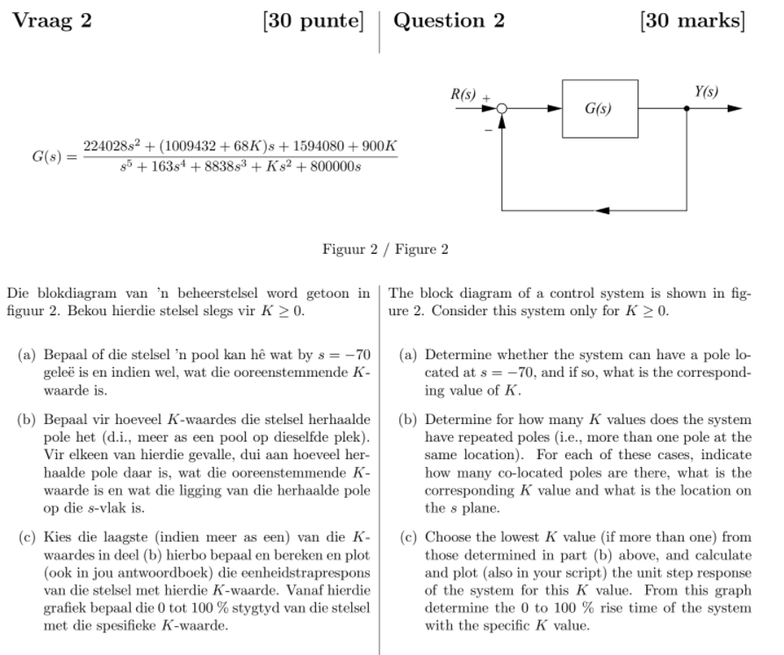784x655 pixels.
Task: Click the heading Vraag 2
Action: coord(53,21)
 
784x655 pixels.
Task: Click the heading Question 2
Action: coord(449,21)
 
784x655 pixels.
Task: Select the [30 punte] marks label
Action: coord(313,21)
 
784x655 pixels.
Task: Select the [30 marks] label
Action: coord(692,21)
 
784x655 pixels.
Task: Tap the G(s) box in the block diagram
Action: coord(599,109)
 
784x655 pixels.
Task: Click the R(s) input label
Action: coord(464,92)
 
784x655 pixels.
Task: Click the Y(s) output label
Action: coord(706,92)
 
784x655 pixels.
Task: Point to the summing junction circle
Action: coord(502,109)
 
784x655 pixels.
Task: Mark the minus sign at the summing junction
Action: coord(487,128)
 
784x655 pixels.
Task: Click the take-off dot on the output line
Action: coord(687,109)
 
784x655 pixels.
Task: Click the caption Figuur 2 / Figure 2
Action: coord(385,249)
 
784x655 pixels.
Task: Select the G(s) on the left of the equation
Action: coord(49,156)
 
